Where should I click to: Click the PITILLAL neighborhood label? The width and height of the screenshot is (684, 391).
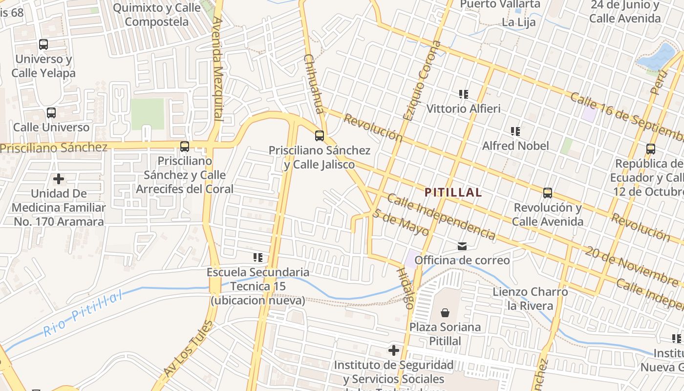click(453, 193)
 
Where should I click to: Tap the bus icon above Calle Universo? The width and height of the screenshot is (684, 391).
click(51, 113)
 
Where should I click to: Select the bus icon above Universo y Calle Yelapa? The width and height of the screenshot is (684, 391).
click(43, 44)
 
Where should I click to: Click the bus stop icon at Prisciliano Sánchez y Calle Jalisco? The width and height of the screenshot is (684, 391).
click(320, 136)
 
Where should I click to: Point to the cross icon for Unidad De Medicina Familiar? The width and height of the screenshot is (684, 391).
click(59, 179)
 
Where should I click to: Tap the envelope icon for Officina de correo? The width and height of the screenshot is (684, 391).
click(462, 246)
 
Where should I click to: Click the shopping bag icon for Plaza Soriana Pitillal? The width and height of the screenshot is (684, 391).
click(445, 312)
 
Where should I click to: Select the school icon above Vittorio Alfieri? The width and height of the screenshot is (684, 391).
click(464, 94)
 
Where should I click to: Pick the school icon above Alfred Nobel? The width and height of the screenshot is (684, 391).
click(515, 131)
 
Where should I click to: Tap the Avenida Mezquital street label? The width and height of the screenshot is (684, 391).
click(218, 68)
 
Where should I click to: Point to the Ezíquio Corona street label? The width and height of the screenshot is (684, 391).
click(422, 81)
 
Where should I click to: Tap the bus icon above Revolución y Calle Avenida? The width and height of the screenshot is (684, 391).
click(548, 193)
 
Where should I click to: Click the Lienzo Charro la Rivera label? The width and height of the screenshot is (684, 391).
click(530, 299)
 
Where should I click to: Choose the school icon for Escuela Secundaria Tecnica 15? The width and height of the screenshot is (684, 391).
click(258, 257)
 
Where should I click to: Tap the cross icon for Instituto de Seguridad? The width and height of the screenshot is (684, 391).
click(394, 350)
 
